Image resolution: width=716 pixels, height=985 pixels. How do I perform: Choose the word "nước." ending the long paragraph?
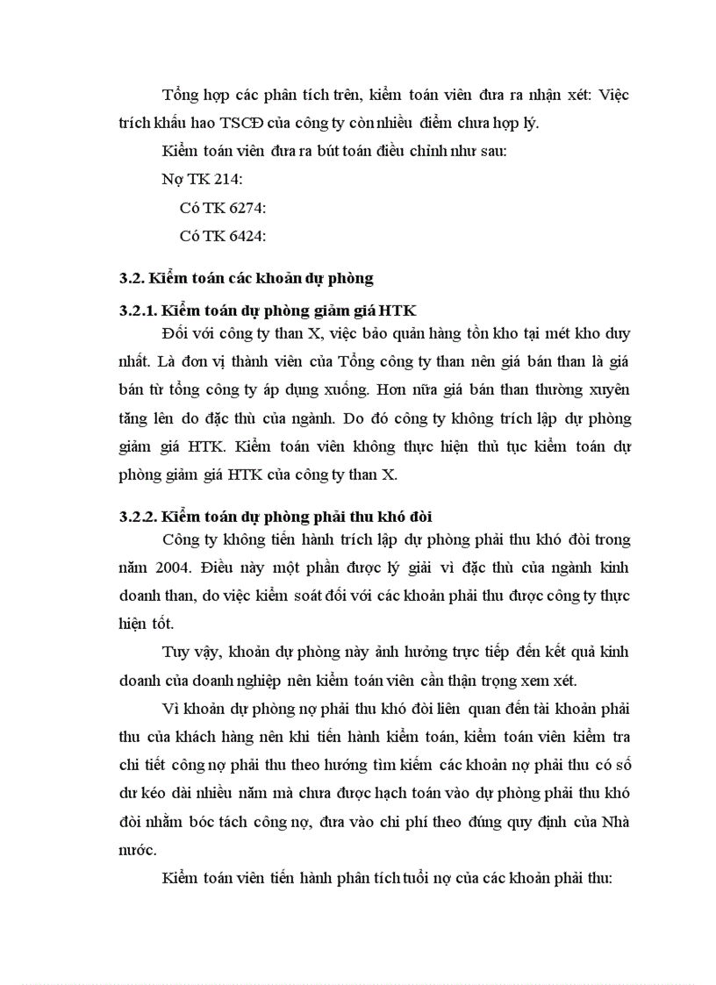pos(139,850)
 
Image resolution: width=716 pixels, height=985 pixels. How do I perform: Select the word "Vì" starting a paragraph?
pos(172,709)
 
